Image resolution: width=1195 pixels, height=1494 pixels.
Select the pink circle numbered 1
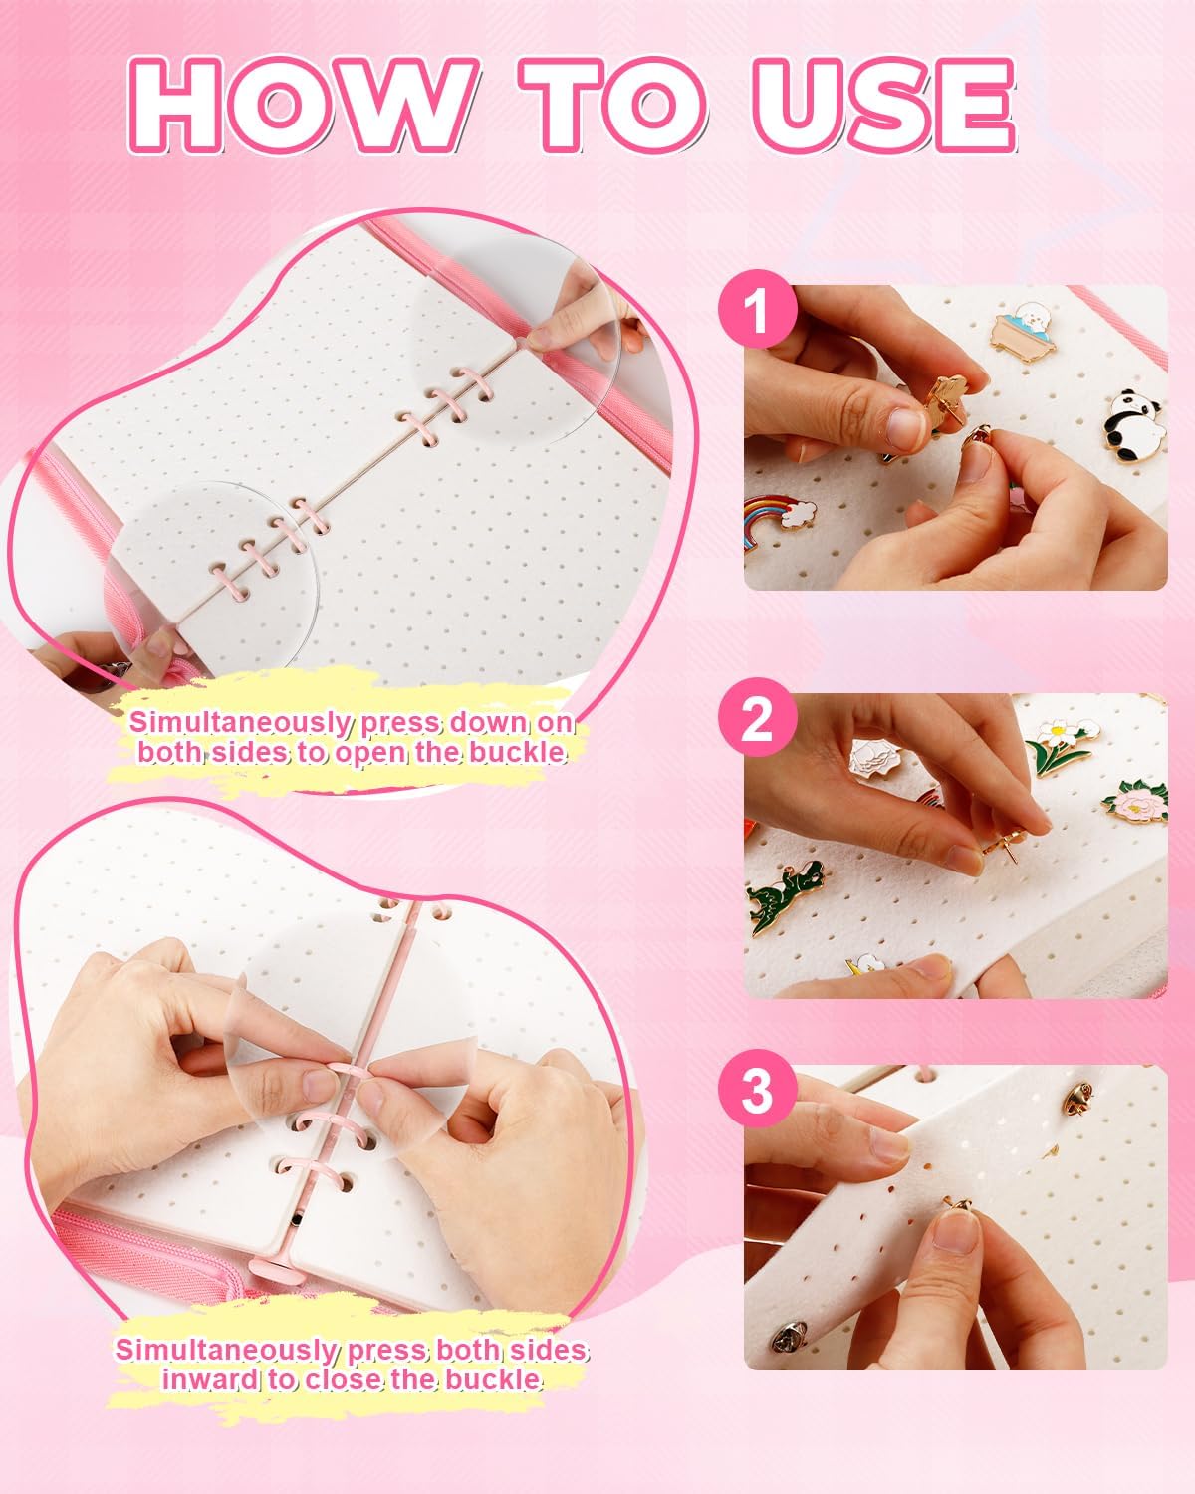pyautogui.click(x=758, y=309)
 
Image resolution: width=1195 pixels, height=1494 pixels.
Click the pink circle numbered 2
pyautogui.click(x=758, y=717)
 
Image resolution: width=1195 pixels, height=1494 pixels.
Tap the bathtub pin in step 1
pyautogui.click(x=1026, y=331)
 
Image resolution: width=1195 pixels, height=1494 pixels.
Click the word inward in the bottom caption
pyautogui.click(x=210, y=1379)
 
